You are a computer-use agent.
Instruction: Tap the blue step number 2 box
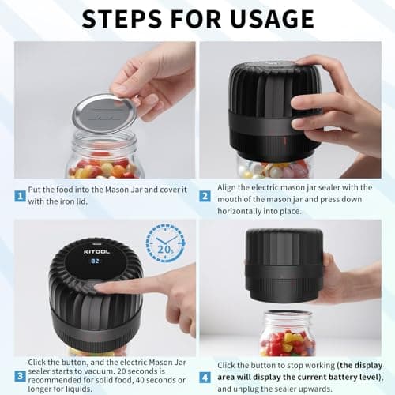click(205, 195)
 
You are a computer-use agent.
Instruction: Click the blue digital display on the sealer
click(95, 260)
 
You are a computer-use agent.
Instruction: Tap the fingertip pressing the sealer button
click(100, 286)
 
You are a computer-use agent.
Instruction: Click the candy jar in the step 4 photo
click(287, 335)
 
